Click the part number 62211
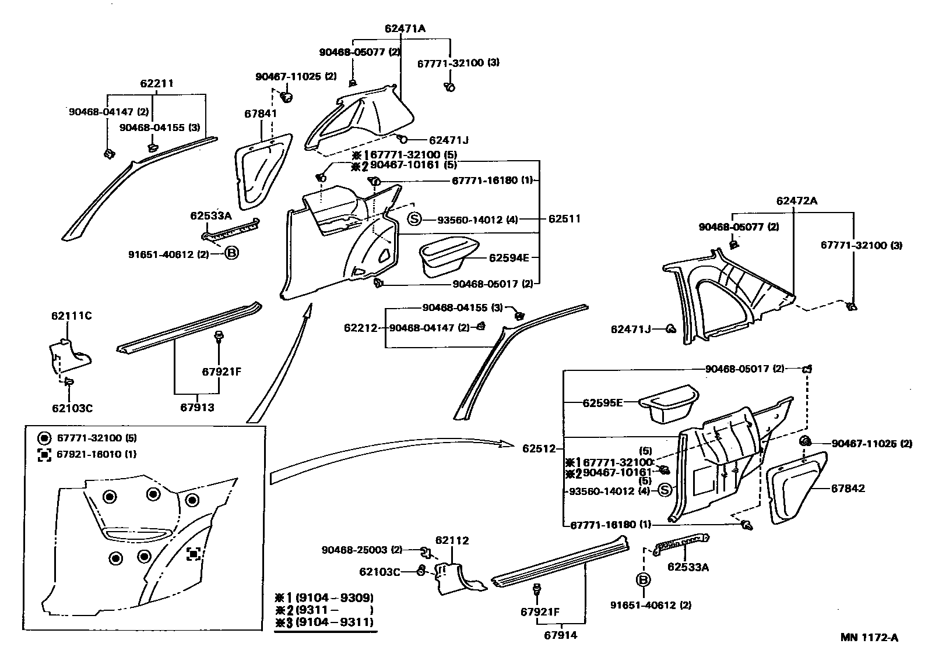tap(156, 84)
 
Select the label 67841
tap(260, 114)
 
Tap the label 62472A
tap(796, 201)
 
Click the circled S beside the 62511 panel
tap(414, 220)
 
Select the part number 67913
tap(196, 407)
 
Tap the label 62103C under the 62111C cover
tap(72, 408)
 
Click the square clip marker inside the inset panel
tap(194, 554)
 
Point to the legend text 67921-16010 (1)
tap(96, 454)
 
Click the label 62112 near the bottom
tap(452, 540)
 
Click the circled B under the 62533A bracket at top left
tap(231, 253)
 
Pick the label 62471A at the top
tap(405, 28)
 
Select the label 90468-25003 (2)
tap(361, 550)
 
